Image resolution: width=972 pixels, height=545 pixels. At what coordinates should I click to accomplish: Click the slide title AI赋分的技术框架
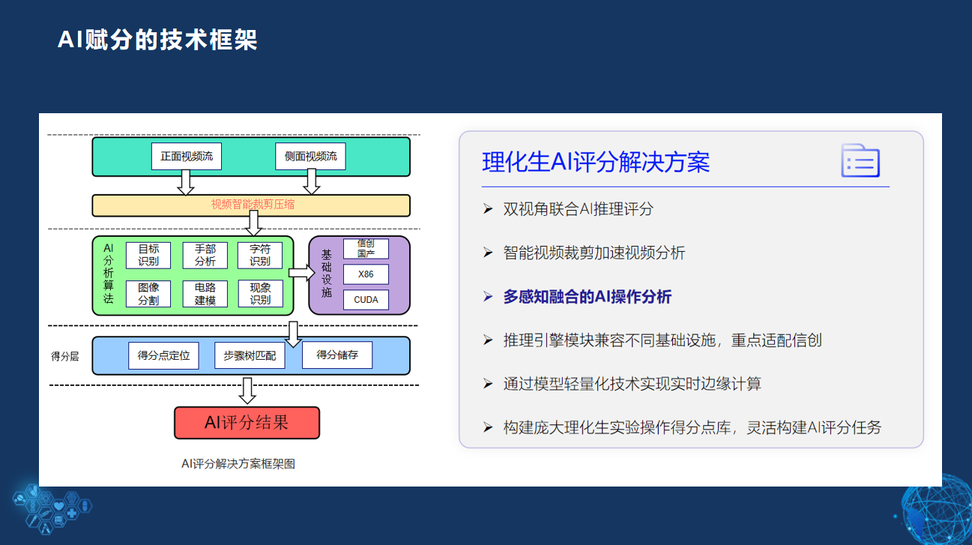(x=157, y=40)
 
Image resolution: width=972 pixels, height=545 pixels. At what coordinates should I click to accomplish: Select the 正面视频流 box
(x=187, y=157)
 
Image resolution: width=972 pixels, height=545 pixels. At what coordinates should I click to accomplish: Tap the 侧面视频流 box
(x=310, y=157)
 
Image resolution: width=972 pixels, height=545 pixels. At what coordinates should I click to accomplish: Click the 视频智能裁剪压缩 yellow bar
(x=251, y=205)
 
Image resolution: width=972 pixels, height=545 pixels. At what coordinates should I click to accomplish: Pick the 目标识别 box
(x=148, y=256)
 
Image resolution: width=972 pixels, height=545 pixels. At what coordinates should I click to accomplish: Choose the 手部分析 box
(x=205, y=256)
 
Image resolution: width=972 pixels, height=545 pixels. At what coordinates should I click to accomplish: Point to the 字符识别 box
(x=260, y=256)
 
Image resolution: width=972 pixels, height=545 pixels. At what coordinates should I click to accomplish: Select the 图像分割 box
(x=148, y=294)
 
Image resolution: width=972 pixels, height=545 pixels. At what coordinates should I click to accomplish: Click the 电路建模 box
(x=205, y=294)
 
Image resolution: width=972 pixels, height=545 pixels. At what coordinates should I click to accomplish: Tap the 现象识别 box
(x=260, y=294)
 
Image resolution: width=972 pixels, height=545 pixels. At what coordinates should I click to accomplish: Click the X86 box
(x=366, y=274)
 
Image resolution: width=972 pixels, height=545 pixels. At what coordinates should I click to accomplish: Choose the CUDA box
(x=366, y=300)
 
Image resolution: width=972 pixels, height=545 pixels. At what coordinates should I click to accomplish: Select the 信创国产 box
(x=366, y=249)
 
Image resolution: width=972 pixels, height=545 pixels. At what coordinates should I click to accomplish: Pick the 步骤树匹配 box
(x=250, y=356)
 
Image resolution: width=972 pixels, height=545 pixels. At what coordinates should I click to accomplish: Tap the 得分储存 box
(x=337, y=355)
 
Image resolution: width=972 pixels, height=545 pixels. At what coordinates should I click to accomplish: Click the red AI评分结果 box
(x=247, y=423)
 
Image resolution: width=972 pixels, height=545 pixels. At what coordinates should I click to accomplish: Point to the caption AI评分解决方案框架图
(x=238, y=464)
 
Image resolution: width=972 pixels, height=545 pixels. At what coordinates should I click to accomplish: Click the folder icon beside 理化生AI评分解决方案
(x=860, y=160)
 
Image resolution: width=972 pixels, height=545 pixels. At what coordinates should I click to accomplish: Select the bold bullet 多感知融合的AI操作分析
(x=588, y=297)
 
